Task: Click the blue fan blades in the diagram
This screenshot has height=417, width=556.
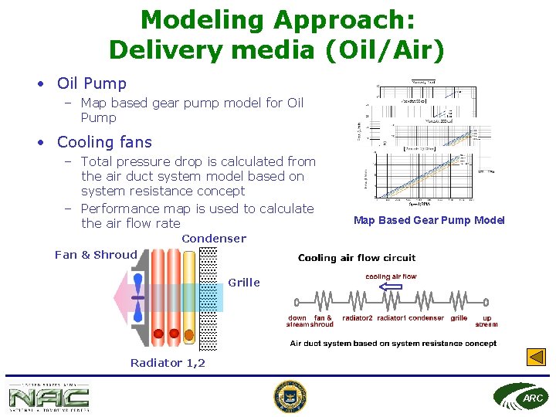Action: tap(137, 297)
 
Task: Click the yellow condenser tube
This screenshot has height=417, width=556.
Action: tap(188, 297)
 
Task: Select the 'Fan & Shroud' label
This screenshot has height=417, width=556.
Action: tap(96, 255)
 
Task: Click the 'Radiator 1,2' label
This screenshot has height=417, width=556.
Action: tap(168, 363)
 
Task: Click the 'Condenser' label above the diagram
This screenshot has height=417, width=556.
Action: tap(214, 239)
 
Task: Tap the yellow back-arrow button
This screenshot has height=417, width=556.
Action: tap(536, 358)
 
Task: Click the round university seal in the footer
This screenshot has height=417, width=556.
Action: tap(290, 396)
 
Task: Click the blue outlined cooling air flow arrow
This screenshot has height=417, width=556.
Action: tap(392, 286)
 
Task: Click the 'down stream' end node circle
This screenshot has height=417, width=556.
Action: tap(297, 302)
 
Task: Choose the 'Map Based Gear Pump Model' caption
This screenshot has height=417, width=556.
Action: tap(429, 221)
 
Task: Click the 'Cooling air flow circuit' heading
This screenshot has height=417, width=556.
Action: tap(357, 258)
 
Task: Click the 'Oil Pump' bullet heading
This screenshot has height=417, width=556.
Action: tap(91, 83)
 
